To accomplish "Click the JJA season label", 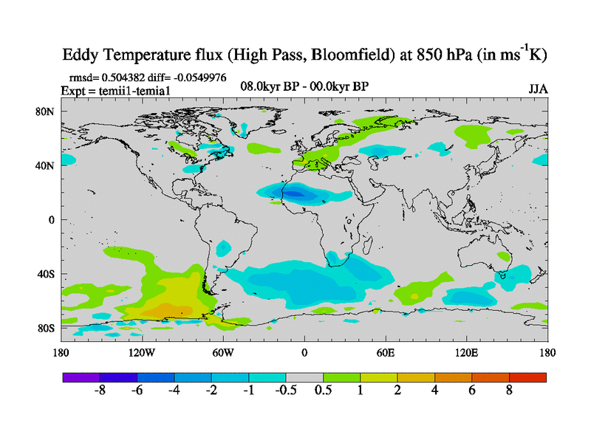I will click(x=538, y=89).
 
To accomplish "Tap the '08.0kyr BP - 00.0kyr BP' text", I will click(x=305, y=86).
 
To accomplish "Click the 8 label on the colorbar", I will click(x=509, y=391).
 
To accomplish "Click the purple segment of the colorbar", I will click(x=81, y=377).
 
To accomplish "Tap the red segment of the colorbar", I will click(x=527, y=377).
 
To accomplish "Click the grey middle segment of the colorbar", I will click(x=304, y=377).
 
